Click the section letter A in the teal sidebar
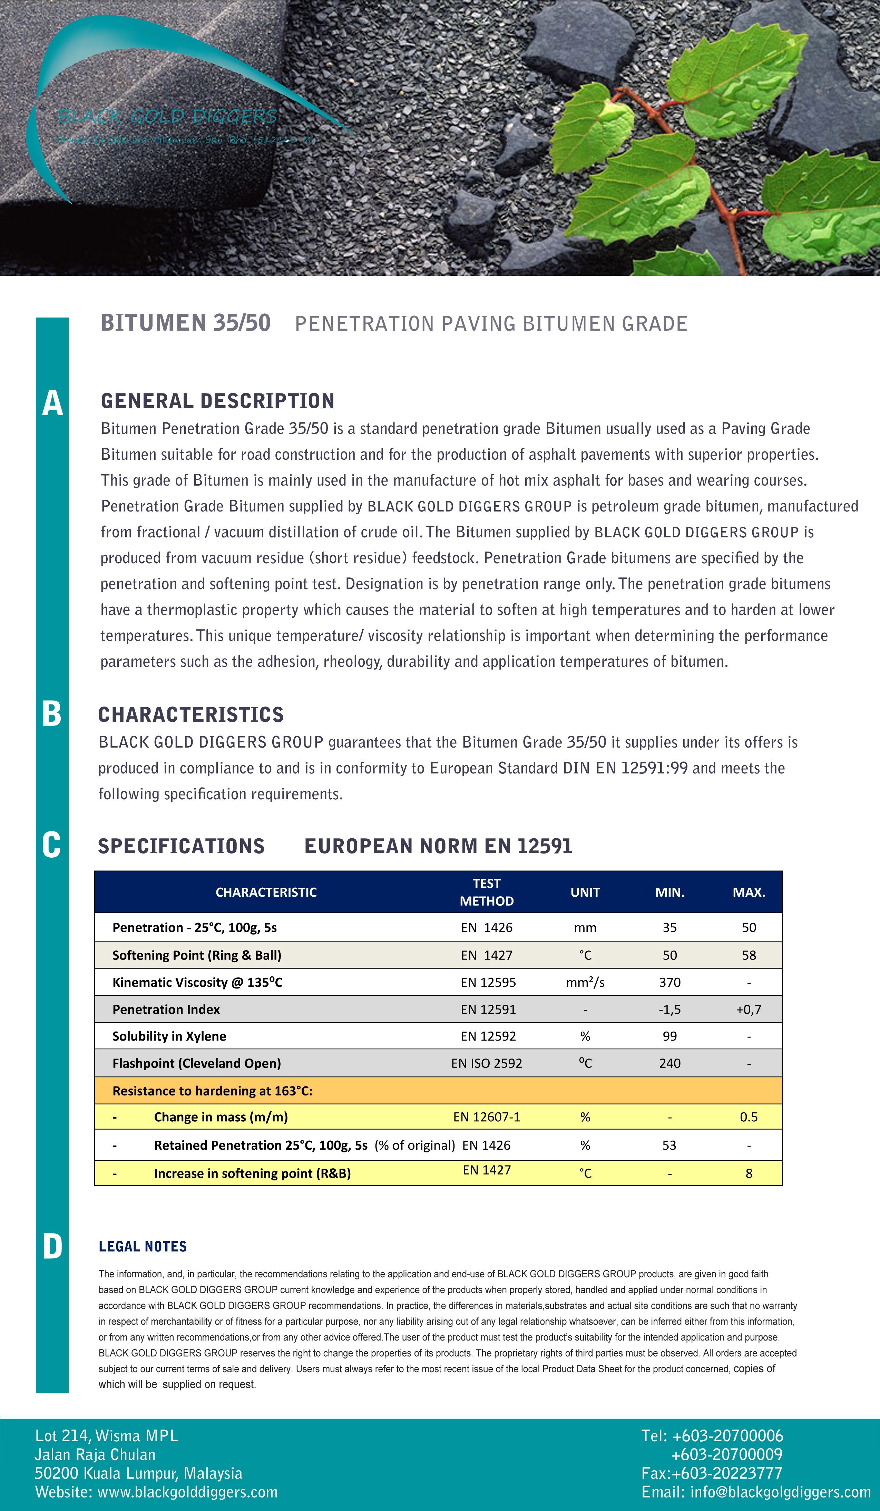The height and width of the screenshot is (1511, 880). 52,403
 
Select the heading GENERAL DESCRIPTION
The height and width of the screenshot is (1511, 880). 218,401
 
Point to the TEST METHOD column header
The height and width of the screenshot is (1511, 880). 486,892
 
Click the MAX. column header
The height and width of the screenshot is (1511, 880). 749,892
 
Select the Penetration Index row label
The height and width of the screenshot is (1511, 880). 166,1010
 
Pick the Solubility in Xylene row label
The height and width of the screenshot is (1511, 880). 169,1037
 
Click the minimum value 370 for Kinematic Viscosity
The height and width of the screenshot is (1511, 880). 669,983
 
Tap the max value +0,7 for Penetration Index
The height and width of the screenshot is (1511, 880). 749,1010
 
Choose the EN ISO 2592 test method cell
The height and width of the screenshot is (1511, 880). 486,1064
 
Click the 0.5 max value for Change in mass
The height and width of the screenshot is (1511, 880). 749,1117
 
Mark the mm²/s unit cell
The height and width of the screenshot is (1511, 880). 585,983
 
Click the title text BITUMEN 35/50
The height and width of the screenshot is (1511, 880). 186,323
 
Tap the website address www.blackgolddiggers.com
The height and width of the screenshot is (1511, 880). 187,1492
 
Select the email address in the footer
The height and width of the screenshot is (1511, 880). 781,1492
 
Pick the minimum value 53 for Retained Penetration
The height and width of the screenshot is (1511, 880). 669,1145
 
